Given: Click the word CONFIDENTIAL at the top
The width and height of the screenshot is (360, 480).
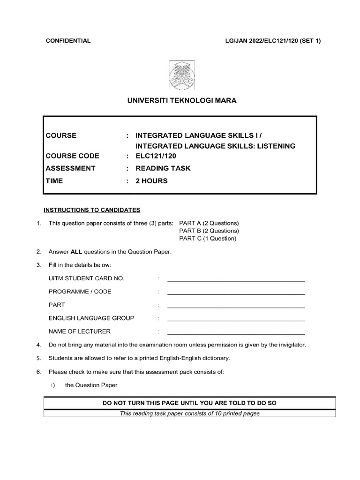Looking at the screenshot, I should point(68,41).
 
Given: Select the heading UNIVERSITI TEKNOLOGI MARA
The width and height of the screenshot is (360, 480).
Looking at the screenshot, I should point(180,101).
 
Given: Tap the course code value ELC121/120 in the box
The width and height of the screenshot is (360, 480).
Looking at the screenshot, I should point(155,157).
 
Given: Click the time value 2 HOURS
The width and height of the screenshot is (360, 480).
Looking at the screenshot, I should point(151,180).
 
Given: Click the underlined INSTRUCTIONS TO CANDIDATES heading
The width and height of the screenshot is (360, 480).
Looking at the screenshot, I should point(92,210).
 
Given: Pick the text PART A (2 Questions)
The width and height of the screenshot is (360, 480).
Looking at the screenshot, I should point(209,223).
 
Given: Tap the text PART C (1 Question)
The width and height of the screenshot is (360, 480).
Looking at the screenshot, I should point(208,239).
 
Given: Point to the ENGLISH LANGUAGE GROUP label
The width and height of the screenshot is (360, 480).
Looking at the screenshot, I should point(91,318).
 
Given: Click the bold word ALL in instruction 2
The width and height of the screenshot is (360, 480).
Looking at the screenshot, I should point(76,252).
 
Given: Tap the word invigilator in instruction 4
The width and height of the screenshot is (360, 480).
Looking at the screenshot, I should point(290,345).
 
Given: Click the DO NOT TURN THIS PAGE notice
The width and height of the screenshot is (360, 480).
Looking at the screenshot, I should point(189,403).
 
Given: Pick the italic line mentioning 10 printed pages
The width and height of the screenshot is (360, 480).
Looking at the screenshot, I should point(189,413).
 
